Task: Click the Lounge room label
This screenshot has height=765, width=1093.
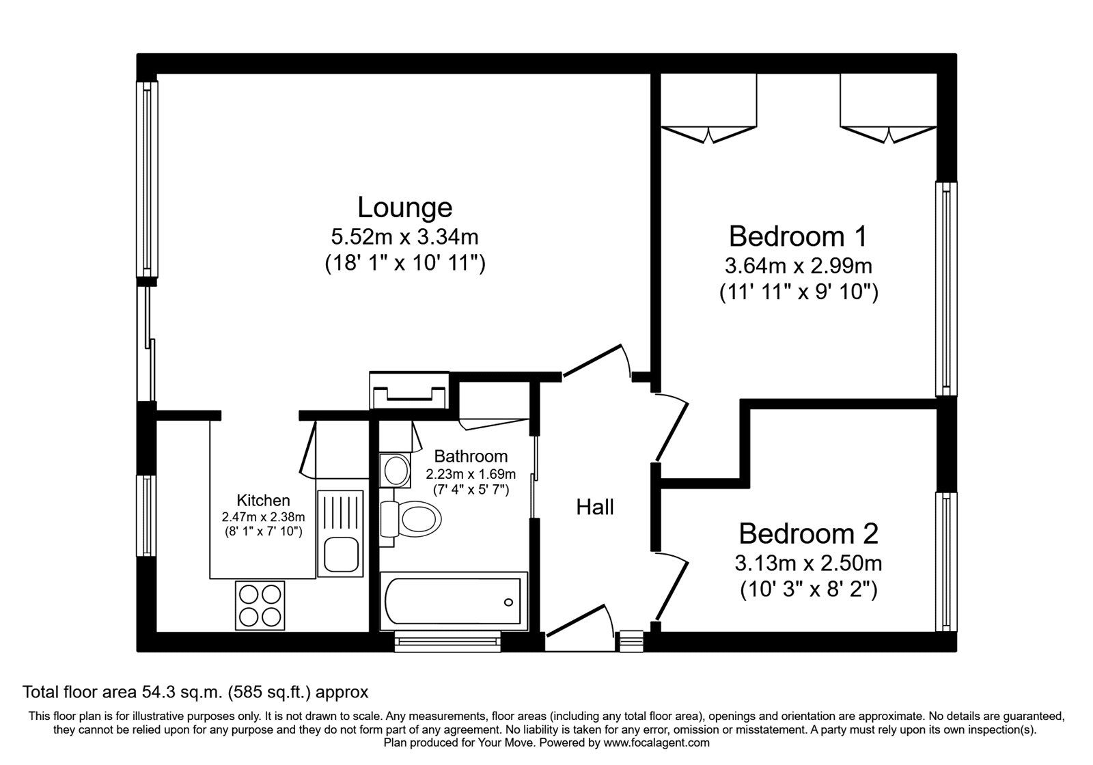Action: (404, 207)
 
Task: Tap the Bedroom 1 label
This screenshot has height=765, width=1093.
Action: (798, 236)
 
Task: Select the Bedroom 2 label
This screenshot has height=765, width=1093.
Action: (808, 533)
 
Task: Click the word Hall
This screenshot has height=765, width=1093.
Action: (595, 507)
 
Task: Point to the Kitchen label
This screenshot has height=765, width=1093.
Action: (263, 500)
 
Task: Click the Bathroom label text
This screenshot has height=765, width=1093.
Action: (471, 456)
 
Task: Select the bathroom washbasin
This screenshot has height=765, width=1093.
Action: (395, 470)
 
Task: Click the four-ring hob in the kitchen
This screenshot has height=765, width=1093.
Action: (260, 605)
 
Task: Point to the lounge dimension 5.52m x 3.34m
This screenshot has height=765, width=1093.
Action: (404, 237)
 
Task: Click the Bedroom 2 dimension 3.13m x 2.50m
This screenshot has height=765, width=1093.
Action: (808, 564)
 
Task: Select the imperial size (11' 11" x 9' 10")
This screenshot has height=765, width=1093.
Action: (798, 292)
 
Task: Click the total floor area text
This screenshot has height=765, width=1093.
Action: (195, 692)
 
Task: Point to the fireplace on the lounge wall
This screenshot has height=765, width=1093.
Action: (409, 391)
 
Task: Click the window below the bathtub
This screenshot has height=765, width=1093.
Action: (447, 640)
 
